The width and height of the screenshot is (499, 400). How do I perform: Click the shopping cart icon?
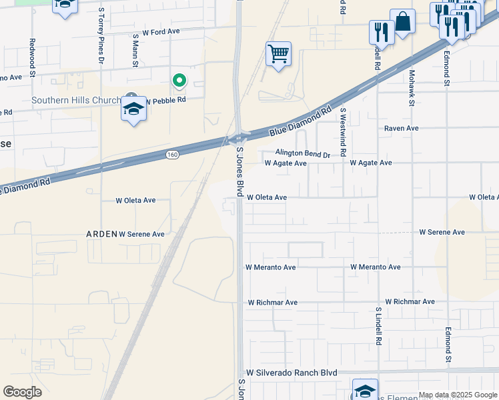[x=278, y=53]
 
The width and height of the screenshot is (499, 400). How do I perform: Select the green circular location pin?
[x=179, y=81]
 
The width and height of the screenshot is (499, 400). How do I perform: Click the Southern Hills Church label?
[x=77, y=101]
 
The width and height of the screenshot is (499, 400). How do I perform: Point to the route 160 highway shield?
[x=173, y=155]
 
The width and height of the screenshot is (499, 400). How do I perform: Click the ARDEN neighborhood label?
[x=101, y=234]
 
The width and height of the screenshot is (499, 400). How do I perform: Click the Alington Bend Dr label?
[x=303, y=154]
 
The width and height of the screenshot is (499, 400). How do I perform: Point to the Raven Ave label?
[x=401, y=128]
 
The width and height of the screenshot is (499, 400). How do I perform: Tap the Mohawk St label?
[x=412, y=88]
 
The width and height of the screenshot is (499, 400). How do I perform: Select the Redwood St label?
[x=31, y=55]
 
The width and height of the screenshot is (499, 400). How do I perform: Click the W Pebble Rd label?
[x=165, y=100]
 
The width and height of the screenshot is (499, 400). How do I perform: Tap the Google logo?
[x=22, y=392]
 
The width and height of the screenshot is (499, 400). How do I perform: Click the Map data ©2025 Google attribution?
[x=458, y=395]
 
